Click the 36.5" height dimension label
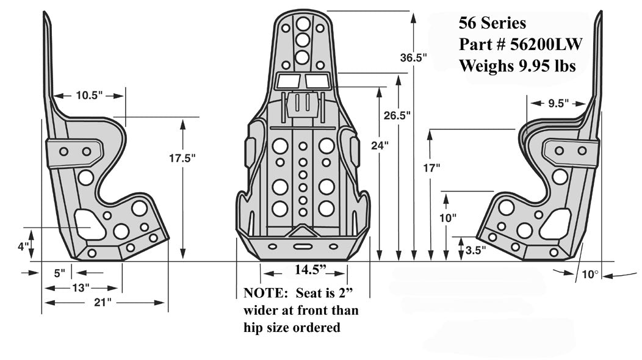(413, 58)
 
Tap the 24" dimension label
(379, 145)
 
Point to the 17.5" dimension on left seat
(182, 157)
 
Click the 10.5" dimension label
(90, 95)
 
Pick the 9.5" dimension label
(554, 103)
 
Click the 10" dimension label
(447, 217)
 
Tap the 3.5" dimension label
(475, 250)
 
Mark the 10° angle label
(589, 275)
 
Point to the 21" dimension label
(104, 302)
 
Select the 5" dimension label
(59, 273)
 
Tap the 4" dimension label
(23, 247)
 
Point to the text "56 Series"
(492, 23)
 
